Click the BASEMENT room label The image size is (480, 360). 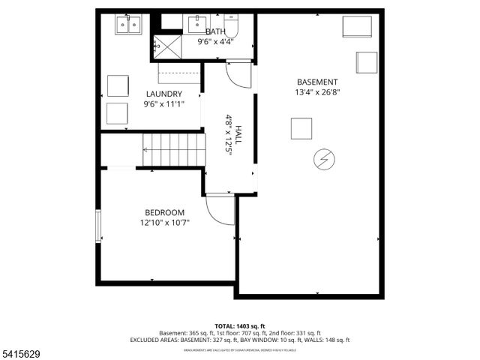pyautogui.click(x=316, y=82)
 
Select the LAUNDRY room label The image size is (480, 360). pyautogui.click(x=163, y=94)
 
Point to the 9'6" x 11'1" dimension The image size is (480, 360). pyautogui.click(x=163, y=104)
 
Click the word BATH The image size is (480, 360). pyautogui.click(x=215, y=31)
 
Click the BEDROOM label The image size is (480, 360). pyautogui.click(x=164, y=212)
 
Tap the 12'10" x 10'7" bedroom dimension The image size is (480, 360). pyautogui.click(x=164, y=223)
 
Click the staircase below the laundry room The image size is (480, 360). pyautogui.click(x=172, y=150)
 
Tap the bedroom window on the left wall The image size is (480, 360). pyautogui.click(x=97, y=226)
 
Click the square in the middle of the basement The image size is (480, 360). pyautogui.click(x=301, y=128)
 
